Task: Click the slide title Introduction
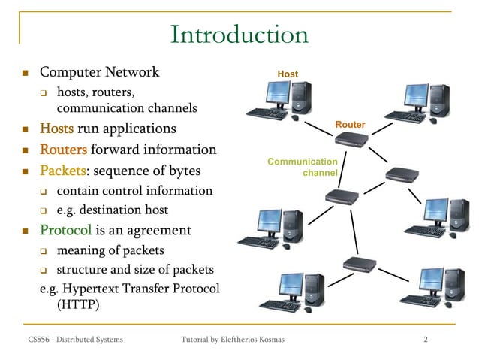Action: [239, 35]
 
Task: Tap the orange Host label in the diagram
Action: [288, 74]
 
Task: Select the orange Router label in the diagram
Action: [350, 124]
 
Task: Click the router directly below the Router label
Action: [351, 139]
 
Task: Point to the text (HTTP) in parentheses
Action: [77, 306]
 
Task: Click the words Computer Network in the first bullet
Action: [99, 72]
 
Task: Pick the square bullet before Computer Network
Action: [24, 74]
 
